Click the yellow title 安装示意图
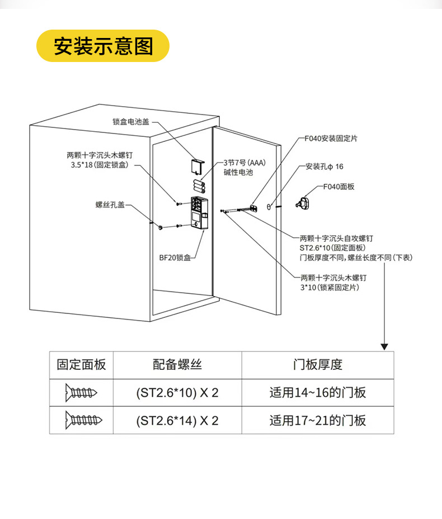(103, 46)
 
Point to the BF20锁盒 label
(175, 258)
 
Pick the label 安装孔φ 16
(325, 166)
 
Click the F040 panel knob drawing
(304, 203)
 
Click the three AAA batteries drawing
(198, 186)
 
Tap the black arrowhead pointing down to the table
(384, 346)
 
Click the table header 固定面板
(81, 365)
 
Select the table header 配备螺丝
(177, 365)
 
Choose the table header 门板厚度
(318, 365)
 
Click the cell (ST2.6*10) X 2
(177, 393)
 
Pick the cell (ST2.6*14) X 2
(177, 420)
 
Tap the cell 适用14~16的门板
(318, 393)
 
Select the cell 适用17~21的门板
(318, 420)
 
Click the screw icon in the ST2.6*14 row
(81, 420)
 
